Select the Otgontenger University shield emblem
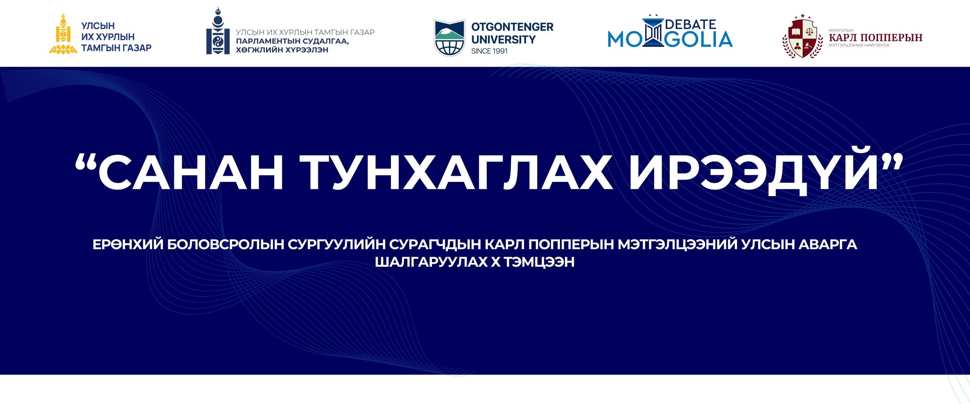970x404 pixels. coord(449,38)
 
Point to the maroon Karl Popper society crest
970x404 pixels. coord(802,37)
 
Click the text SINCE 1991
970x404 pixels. coord(489,51)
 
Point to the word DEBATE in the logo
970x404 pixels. coord(691,24)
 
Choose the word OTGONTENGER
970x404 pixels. coord(512,27)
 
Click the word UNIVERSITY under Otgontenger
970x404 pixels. coord(503,40)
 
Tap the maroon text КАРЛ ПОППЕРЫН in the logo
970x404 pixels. coord(876,37)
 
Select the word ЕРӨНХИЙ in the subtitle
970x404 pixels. coord(128,244)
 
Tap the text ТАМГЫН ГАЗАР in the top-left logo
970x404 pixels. coord(117,48)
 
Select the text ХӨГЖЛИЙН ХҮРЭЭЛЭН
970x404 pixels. coord(282,50)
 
